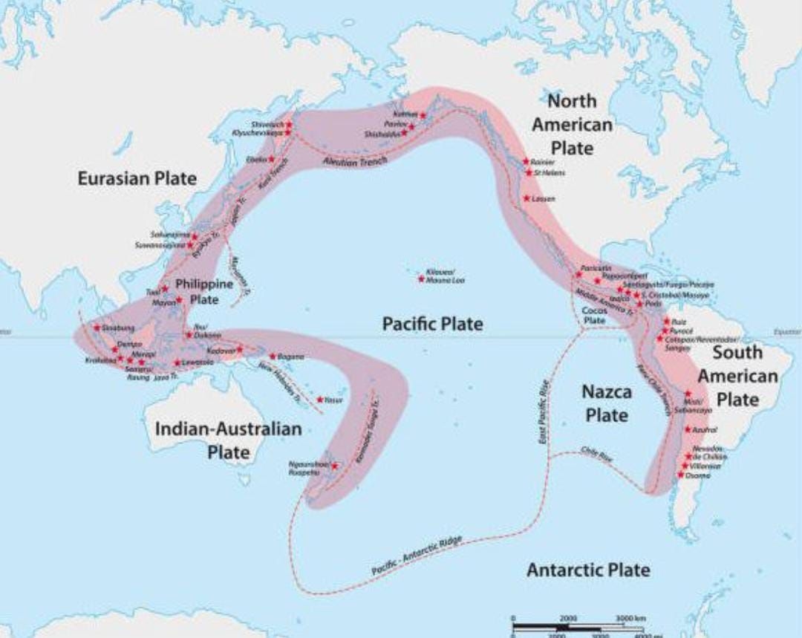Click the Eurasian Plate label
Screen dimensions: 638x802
pyautogui.click(x=137, y=179)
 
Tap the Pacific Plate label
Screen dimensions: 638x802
pyautogui.click(x=432, y=324)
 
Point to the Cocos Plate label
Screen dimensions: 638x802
pyautogui.click(x=594, y=315)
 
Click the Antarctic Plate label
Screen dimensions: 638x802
pyautogui.click(x=588, y=570)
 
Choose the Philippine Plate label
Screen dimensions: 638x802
pyautogui.click(x=203, y=292)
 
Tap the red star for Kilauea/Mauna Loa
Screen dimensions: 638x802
pyautogui.click(x=421, y=279)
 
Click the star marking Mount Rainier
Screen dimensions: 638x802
pyautogui.click(x=526, y=161)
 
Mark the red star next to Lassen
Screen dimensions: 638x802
pyautogui.click(x=526, y=198)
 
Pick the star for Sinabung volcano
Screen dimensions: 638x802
pyautogui.click(x=97, y=327)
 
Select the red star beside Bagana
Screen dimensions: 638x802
pyautogui.click(x=273, y=357)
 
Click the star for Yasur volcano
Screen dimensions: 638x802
pyautogui.click(x=319, y=400)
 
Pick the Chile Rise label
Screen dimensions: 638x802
pyautogui.click(x=596, y=456)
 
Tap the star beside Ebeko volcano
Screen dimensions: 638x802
pyautogui.click(x=272, y=159)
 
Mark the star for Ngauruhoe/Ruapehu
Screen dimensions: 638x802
pyautogui.click(x=335, y=466)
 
